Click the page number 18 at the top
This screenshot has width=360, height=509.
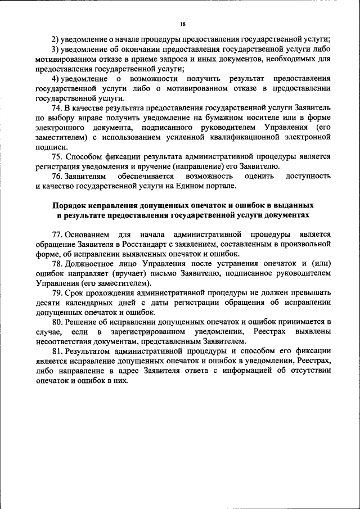tap(182, 25)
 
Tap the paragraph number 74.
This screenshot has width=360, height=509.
tap(56, 107)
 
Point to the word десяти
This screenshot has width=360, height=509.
tap(47, 303)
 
